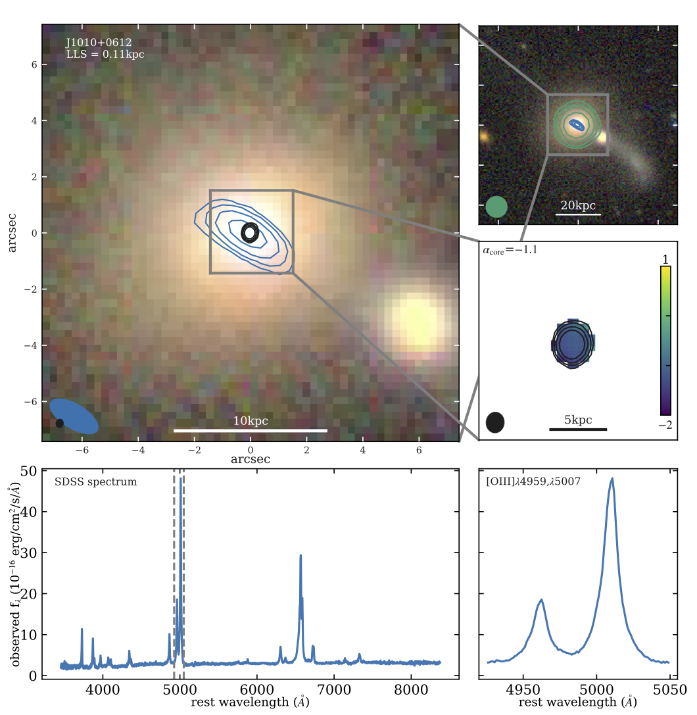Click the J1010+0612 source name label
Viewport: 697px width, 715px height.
point(99,43)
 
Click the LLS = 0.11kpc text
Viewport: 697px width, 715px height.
point(105,55)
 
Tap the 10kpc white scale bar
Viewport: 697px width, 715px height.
point(251,430)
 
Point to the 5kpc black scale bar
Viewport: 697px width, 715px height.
point(577,430)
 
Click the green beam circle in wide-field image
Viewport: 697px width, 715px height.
point(496,207)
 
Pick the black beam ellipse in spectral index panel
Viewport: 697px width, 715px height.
point(495,422)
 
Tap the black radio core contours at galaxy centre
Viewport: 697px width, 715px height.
point(250,232)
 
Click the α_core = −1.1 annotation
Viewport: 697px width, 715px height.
point(510,250)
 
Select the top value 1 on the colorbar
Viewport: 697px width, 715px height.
point(665,258)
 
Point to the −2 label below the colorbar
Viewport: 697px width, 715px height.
point(665,425)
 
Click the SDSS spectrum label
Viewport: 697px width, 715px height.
point(96,482)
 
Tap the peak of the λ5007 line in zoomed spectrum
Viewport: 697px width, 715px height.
point(612,479)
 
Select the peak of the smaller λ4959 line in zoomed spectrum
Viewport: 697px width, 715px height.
point(541,599)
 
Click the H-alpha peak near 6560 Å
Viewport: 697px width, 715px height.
point(300,556)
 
